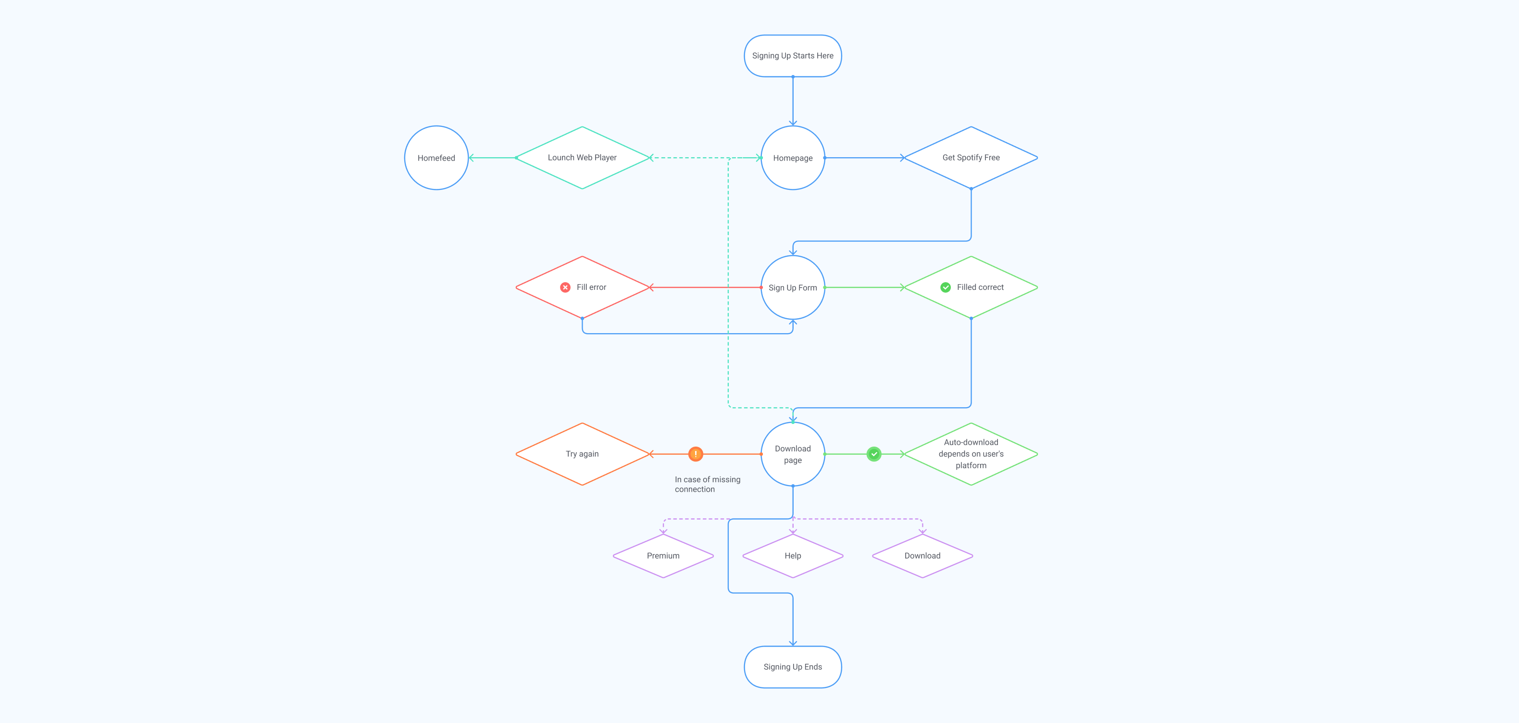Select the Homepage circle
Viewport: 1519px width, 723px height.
point(793,158)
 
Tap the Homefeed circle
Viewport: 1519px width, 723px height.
point(436,158)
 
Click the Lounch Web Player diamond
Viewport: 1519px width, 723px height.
point(582,158)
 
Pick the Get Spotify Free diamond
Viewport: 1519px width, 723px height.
point(971,158)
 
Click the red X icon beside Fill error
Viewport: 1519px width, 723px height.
point(565,287)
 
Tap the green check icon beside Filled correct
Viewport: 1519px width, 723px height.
point(945,287)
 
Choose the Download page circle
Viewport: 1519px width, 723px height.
point(793,454)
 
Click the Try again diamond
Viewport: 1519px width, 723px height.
point(582,454)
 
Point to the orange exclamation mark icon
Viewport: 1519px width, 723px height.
point(696,454)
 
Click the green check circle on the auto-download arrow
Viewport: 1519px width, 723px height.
point(874,454)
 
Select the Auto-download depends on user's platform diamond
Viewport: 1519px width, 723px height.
point(971,454)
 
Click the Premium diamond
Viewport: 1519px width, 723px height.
point(663,556)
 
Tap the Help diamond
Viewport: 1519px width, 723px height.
point(793,556)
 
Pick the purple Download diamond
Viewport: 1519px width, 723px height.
point(922,556)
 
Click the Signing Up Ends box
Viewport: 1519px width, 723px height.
point(793,667)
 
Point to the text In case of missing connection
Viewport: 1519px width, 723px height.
point(707,484)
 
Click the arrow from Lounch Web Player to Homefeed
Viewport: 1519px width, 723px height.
point(492,158)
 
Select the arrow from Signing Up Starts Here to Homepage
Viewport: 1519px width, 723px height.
point(793,100)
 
